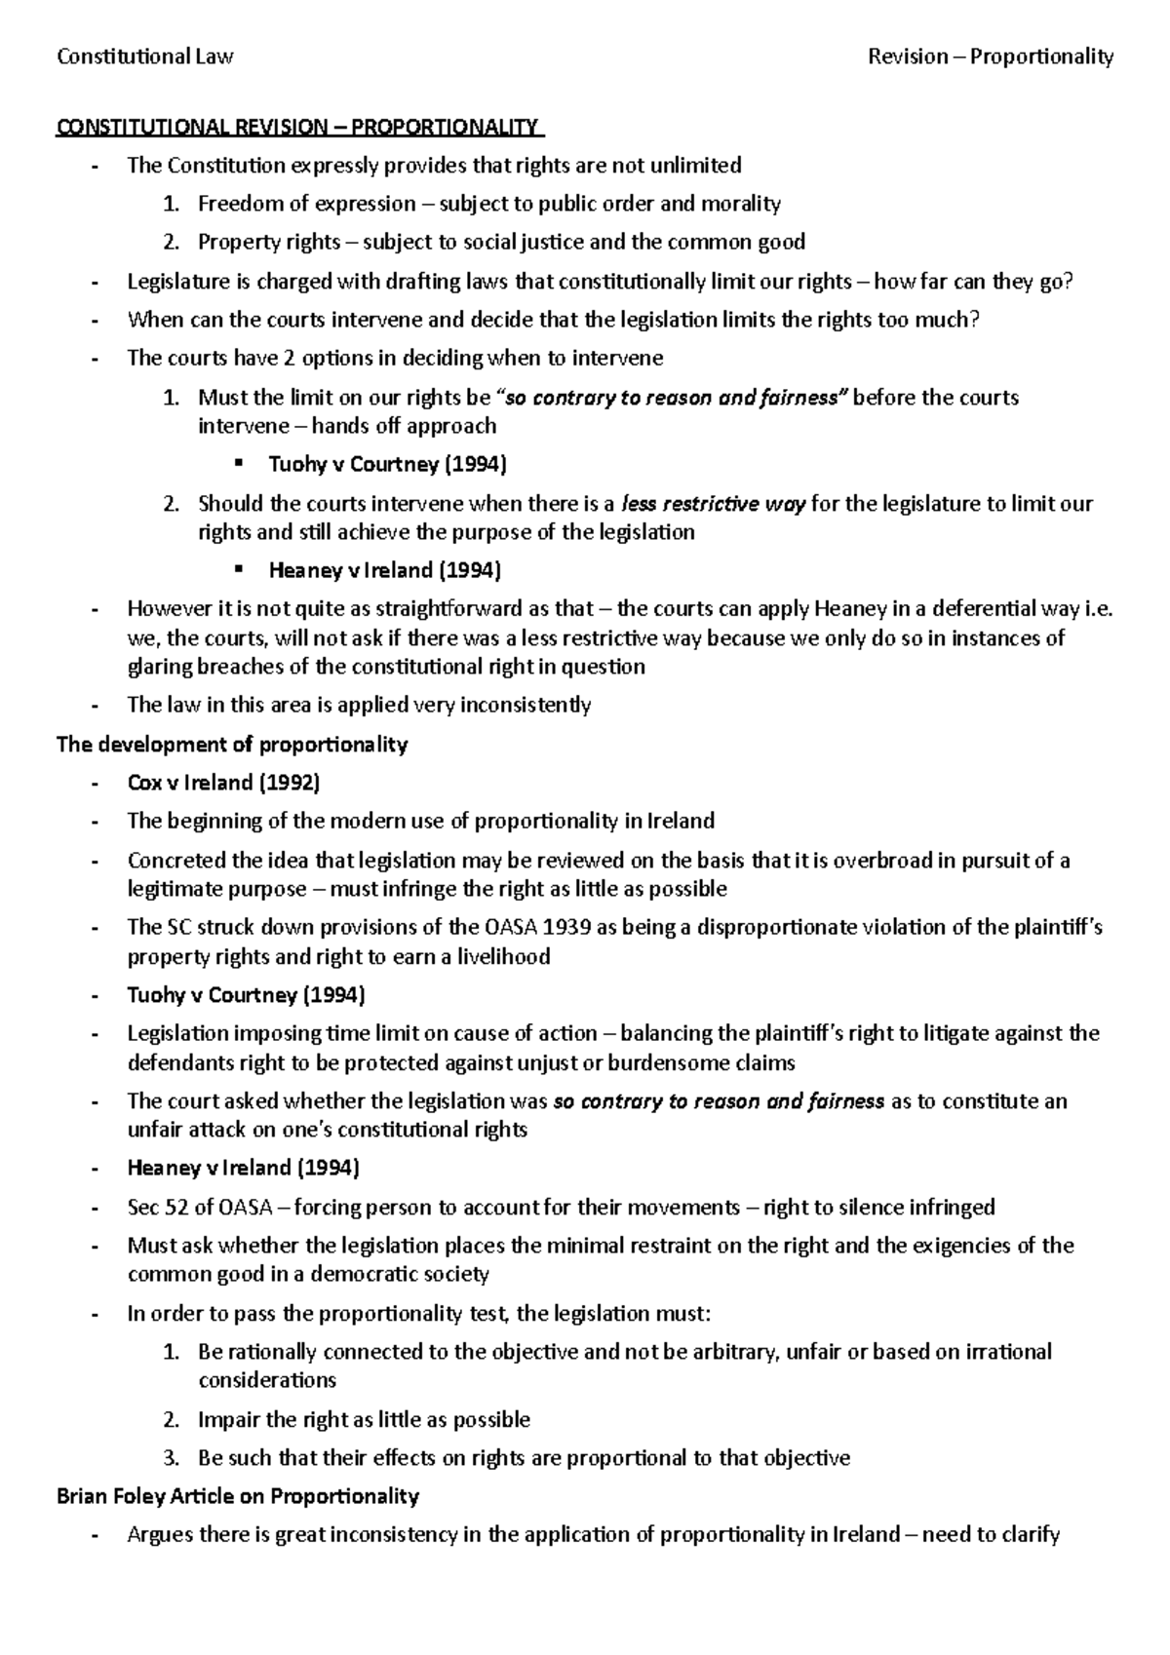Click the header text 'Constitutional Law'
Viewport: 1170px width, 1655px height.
point(145,57)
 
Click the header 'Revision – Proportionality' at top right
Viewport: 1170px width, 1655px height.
point(991,57)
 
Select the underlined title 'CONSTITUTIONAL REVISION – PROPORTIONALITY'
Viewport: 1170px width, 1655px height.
point(298,128)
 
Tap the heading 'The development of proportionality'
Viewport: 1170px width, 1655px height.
point(232,745)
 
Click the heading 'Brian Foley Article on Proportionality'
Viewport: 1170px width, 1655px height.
point(238,1496)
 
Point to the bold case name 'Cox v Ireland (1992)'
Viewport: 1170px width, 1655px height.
point(224,783)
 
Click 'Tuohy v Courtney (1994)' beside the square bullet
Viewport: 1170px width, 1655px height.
point(388,464)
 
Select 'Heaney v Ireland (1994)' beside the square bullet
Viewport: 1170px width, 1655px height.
point(385,570)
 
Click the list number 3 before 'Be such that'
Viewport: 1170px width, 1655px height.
point(171,1458)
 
